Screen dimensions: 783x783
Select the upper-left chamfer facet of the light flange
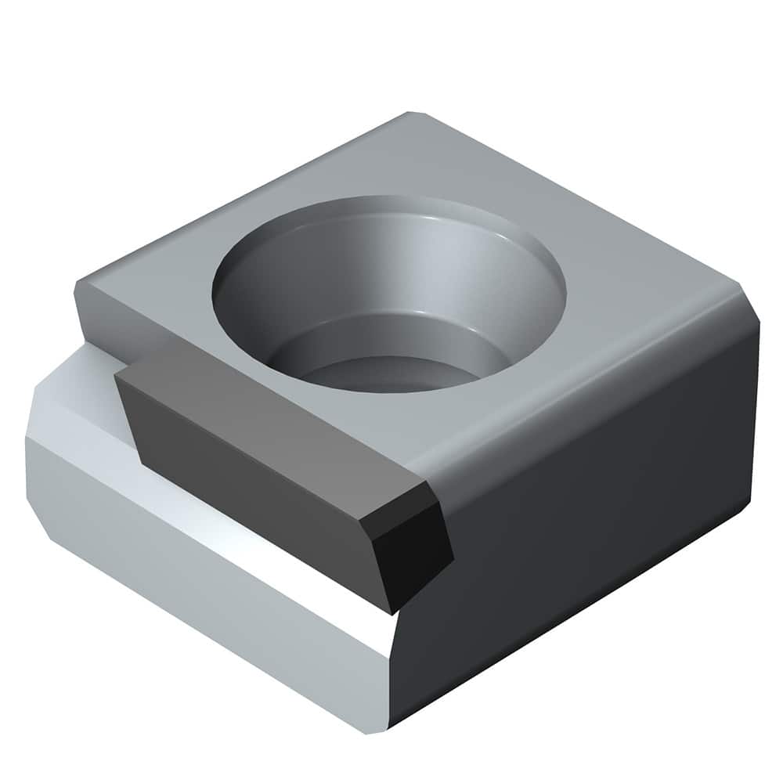coord(70,391)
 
